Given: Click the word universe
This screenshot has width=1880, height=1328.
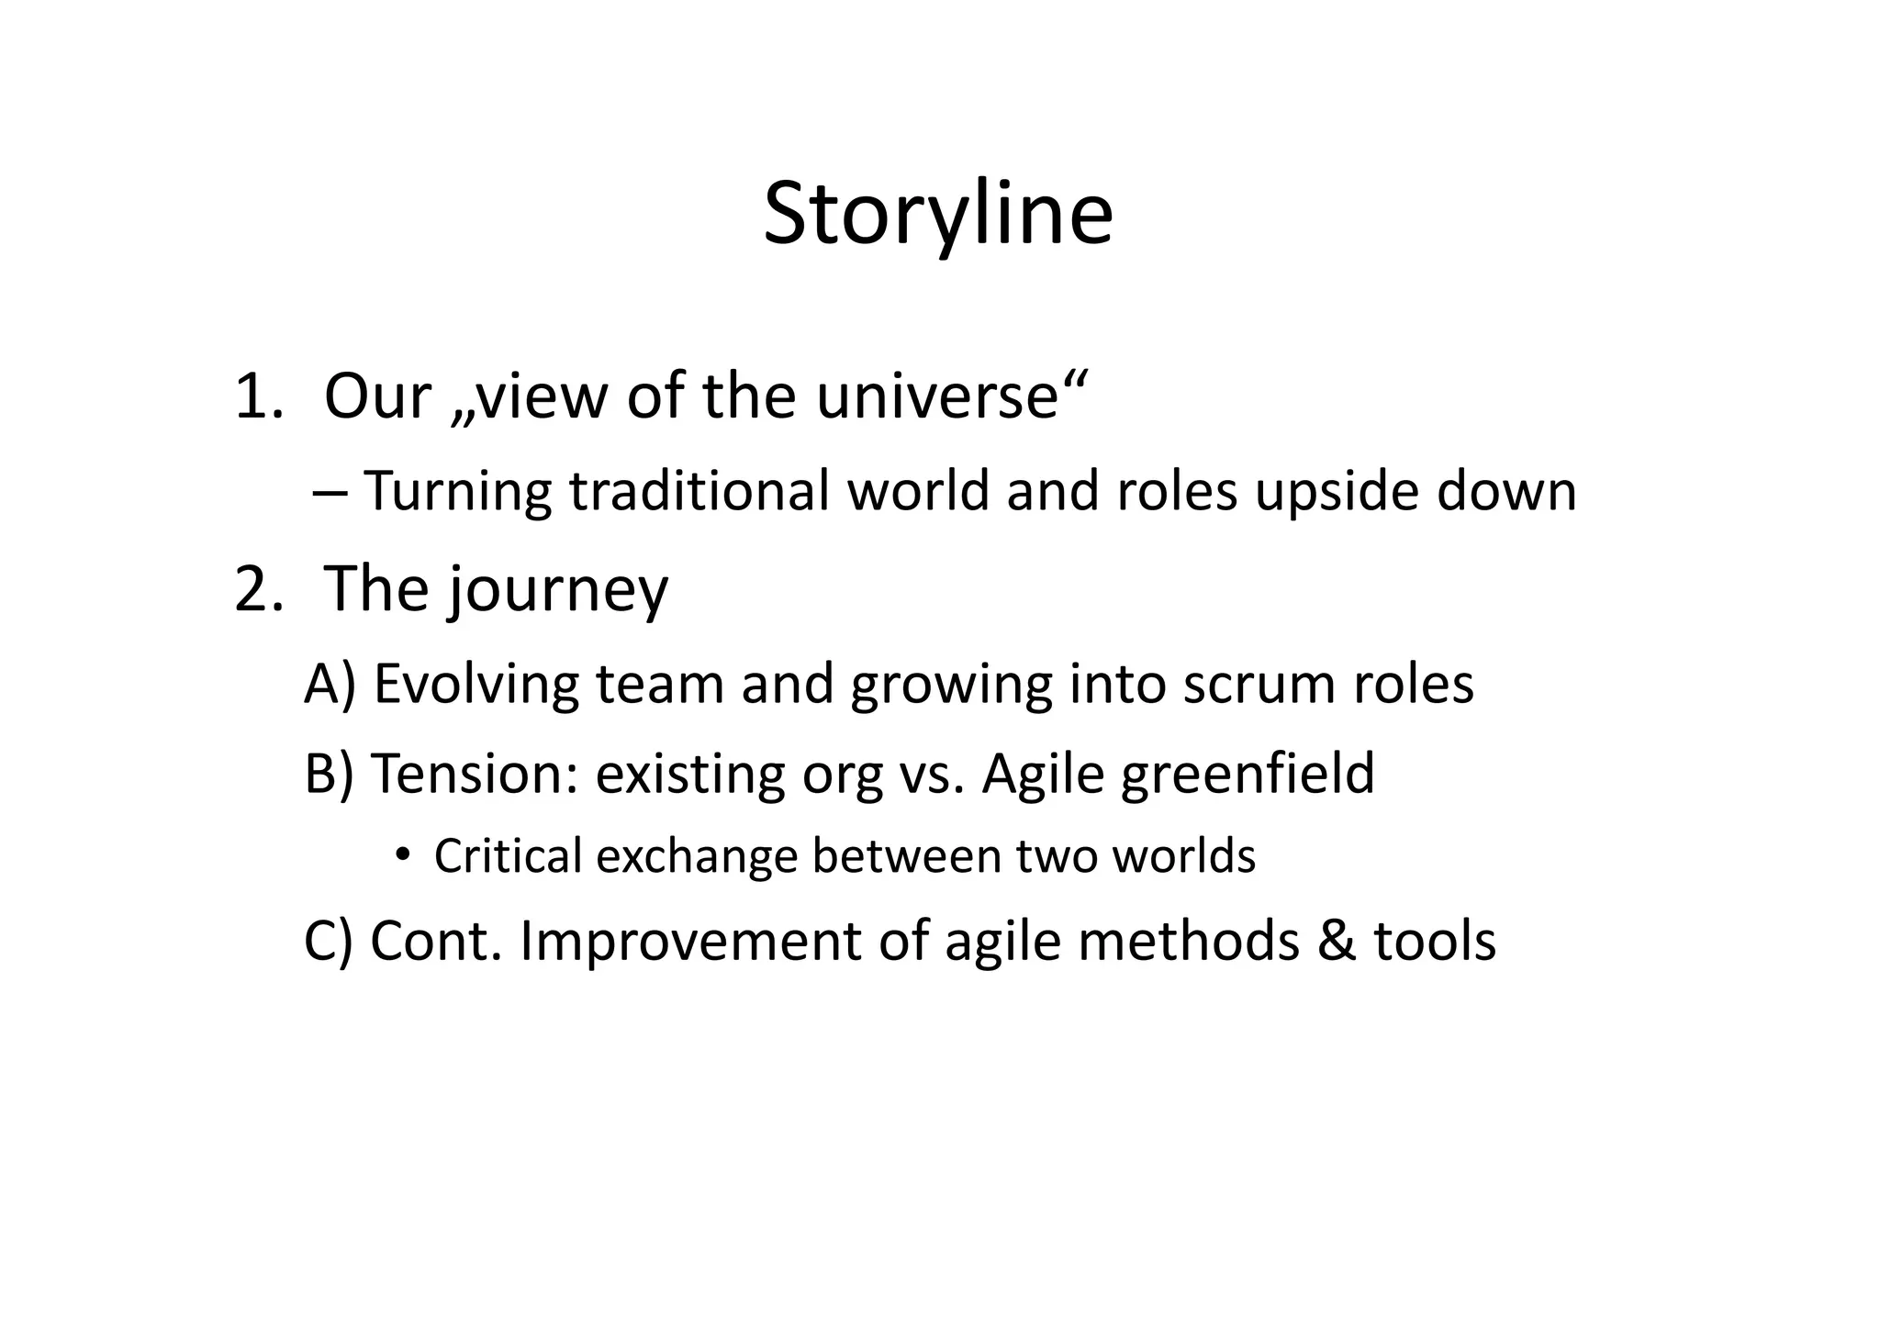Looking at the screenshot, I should tap(949, 397).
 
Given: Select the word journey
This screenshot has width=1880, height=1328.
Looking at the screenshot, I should tap(558, 591).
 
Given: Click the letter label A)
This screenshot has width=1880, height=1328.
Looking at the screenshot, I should tap(330, 685).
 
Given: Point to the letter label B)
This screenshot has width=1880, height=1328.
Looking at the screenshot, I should tap(329, 774).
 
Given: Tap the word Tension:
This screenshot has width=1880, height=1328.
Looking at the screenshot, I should tap(476, 774).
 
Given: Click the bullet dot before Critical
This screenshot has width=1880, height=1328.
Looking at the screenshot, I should tap(401, 855).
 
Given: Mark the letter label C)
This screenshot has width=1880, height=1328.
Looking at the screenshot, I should tap(329, 942).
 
